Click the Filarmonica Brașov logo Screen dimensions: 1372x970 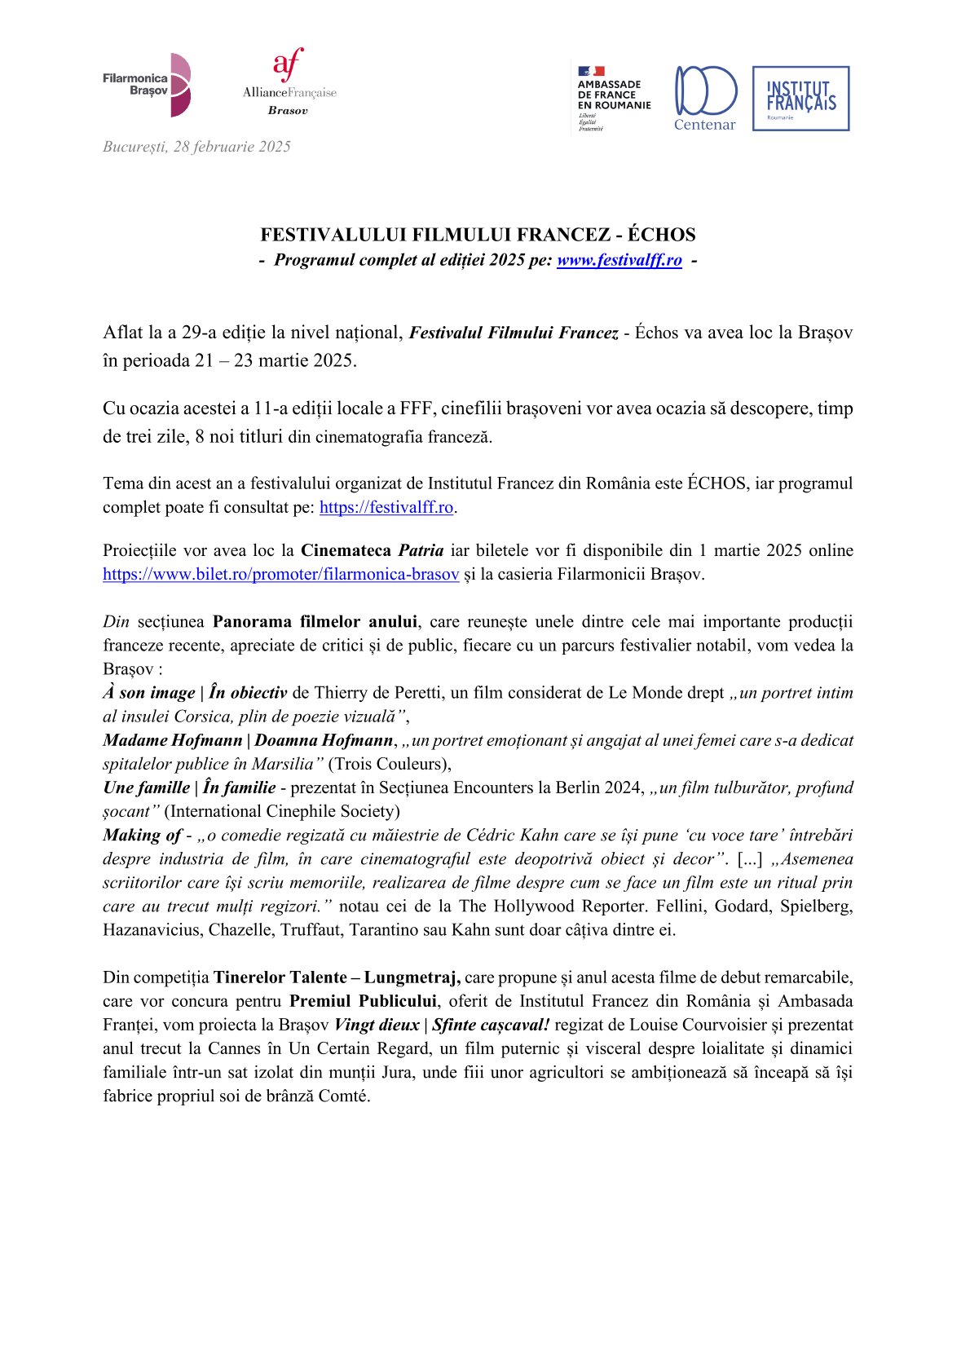tap(147, 85)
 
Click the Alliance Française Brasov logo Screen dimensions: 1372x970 tap(289, 82)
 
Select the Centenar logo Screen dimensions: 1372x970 tap(705, 98)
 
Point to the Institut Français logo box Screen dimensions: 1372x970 tap(800, 99)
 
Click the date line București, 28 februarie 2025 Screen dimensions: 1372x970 tap(196, 147)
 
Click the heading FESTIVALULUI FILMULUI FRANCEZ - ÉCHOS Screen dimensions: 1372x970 tap(478, 235)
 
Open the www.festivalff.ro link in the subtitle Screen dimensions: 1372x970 tap(619, 260)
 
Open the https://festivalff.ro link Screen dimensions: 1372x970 tap(386, 507)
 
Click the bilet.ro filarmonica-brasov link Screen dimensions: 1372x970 tap(280, 574)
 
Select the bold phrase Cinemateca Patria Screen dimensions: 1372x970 tap(372, 550)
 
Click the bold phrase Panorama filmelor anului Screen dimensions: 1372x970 tap(315, 622)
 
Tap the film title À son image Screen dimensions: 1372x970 tap(149, 693)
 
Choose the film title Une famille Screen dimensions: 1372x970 tap(146, 787)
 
